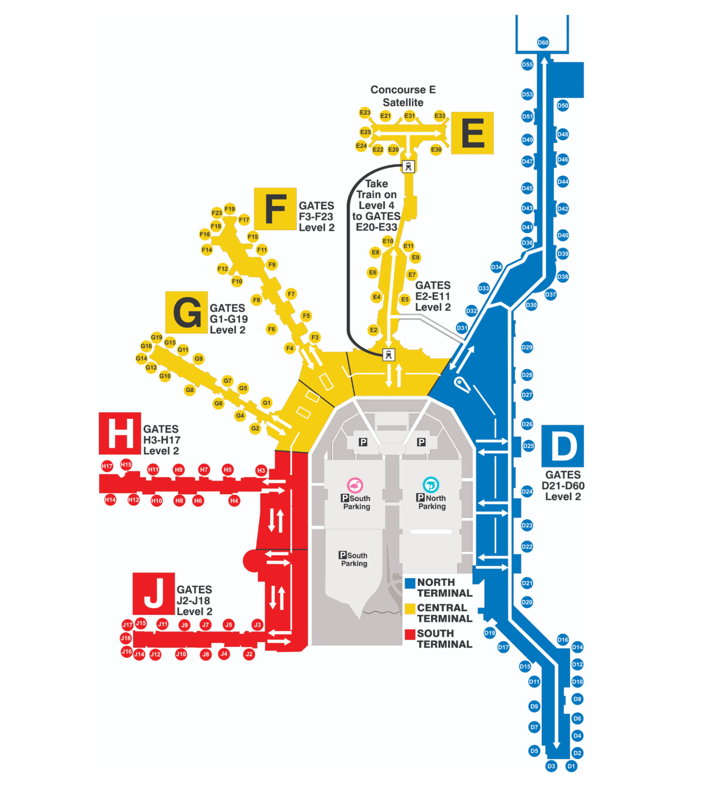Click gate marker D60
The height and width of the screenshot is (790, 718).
tap(543, 42)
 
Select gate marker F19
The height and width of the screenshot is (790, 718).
tap(230, 209)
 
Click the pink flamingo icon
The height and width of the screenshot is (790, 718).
tap(355, 485)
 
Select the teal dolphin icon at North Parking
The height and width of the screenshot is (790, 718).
tap(431, 485)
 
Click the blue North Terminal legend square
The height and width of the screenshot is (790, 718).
tap(410, 583)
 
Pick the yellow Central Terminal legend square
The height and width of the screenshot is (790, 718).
tap(410, 609)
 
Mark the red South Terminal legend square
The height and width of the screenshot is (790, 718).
tap(410, 634)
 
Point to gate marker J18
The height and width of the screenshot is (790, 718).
tap(125, 638)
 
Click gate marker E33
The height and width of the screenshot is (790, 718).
tap(440, 116)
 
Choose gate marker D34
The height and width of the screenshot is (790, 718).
tap(496, 267)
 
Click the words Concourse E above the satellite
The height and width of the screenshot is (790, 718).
tap(403, 90)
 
